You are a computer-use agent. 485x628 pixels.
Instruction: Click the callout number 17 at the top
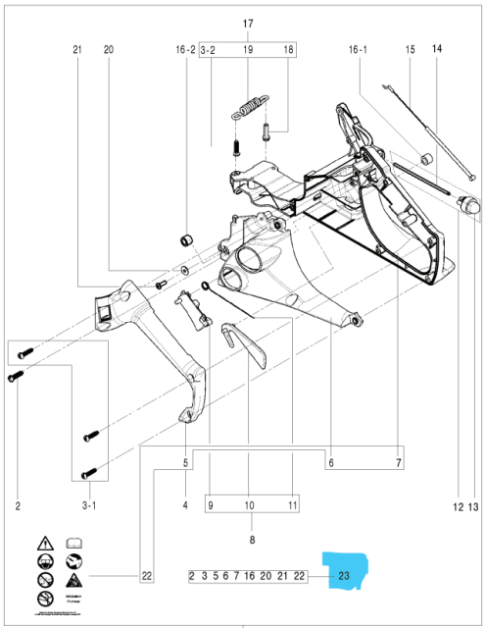[x=248, y=24]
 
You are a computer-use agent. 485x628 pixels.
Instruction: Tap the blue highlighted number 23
[x=345, y=576]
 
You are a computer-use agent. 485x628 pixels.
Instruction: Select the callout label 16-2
[x=184, y=48]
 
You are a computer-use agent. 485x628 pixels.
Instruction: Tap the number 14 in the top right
[x=436, y=48]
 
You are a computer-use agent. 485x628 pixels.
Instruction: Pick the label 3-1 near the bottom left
[x=89, y=506]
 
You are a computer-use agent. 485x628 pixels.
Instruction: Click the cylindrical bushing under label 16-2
[x=184, y=241]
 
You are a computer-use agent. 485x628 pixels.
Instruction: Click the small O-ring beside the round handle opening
[x=203, y=287]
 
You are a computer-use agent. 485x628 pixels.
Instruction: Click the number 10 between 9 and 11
[x=249, y=506]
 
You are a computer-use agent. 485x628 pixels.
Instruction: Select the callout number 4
[x=184, y=506]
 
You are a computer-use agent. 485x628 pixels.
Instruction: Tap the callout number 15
[x=411, y=48]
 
